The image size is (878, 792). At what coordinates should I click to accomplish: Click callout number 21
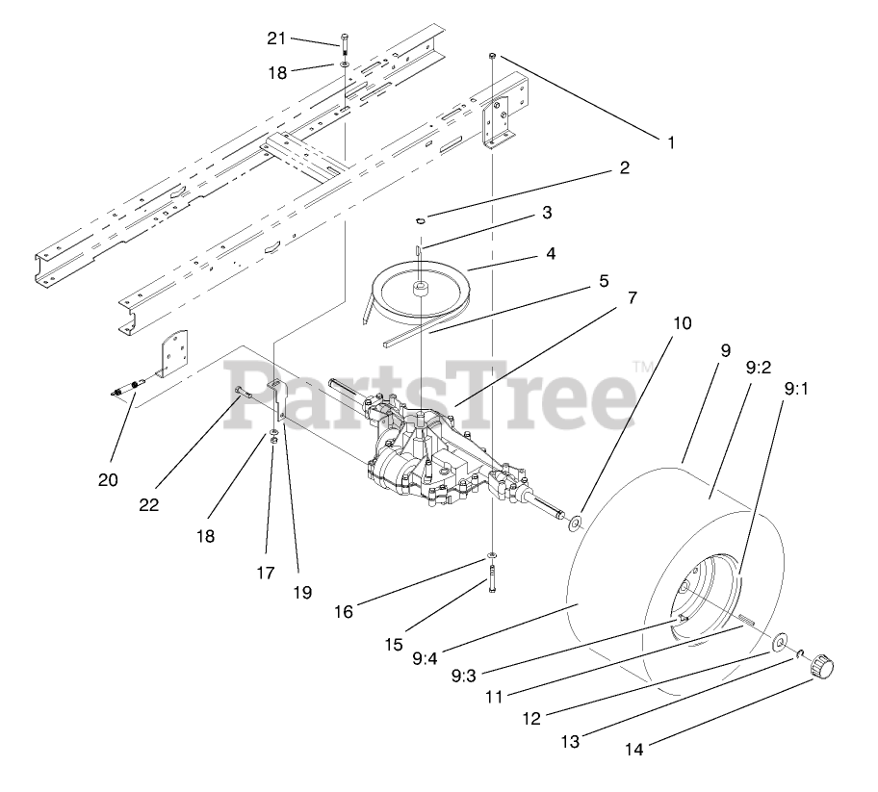(x=277, y=38)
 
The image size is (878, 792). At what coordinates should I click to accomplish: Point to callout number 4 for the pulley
(x=551, y=254)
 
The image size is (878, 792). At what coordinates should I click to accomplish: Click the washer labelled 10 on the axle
(x=577, y=523)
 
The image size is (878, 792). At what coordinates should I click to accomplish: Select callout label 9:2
(x=757, y=367)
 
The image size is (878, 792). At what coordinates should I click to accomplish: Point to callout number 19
(x=302, y=593)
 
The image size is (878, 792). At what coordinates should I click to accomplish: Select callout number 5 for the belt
(x=604, y=281)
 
